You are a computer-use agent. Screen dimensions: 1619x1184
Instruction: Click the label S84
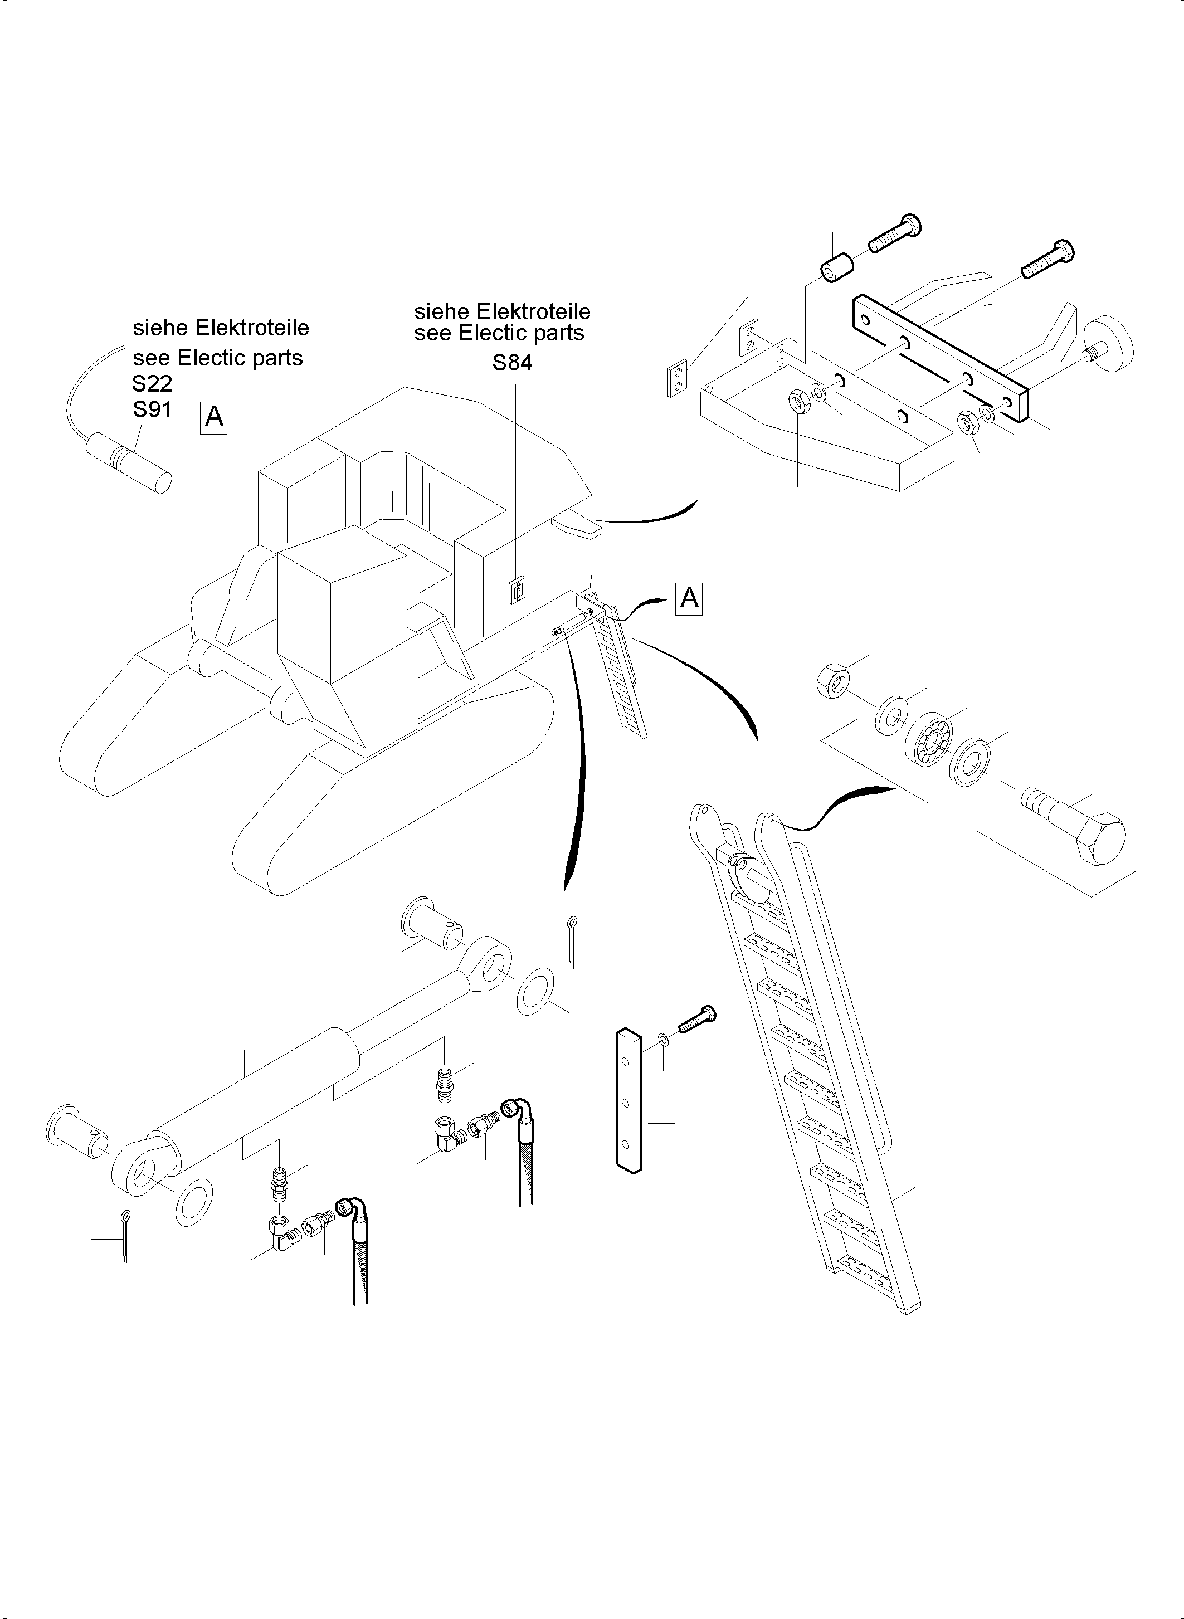point(511,363)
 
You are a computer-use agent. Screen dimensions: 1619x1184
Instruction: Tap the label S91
point(152,410)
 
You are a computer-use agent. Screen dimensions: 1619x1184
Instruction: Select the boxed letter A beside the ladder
point(689,598)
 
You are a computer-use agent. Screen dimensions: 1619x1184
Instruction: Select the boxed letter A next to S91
point(213,416)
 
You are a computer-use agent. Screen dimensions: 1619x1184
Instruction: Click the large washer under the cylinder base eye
point(193,1199)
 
